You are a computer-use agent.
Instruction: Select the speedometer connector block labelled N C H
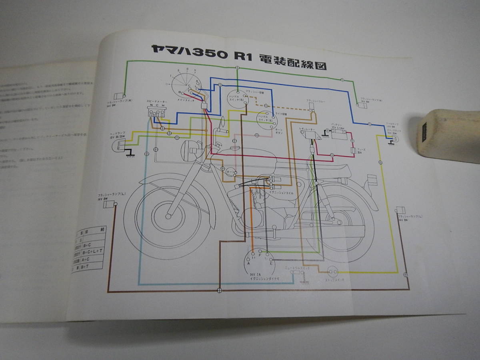156,113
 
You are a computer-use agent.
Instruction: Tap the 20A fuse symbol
353,151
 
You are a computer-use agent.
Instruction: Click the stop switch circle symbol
332,272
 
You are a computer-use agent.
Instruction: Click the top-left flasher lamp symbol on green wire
119,97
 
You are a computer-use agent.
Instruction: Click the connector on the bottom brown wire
219,290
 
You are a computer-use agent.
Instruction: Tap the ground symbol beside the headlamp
130,155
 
